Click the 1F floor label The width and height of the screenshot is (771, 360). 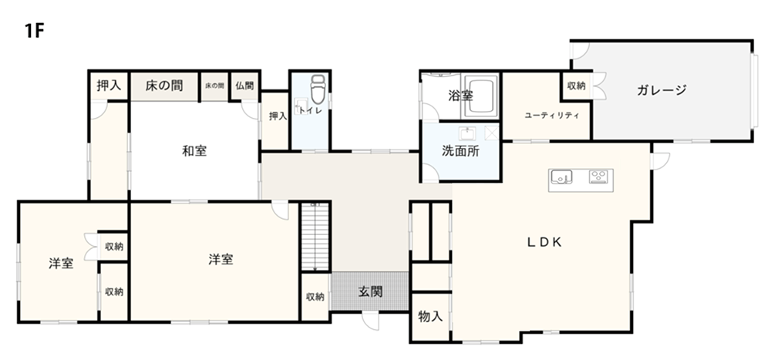35,31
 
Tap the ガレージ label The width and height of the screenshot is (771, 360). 662,90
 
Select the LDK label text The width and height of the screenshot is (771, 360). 544,242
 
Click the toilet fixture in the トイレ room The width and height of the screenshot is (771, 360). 318,89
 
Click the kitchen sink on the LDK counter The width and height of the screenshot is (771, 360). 561,176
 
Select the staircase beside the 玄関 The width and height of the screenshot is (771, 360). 315,237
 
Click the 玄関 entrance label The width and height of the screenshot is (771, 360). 370,291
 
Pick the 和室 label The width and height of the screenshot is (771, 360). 194,151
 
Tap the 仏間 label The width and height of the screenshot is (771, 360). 244,86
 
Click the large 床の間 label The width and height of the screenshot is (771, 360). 163,86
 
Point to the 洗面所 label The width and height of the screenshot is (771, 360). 460,151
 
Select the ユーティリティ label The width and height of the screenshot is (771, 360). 552,116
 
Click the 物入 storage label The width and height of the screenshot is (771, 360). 430,316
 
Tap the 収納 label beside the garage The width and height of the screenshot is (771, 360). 576,86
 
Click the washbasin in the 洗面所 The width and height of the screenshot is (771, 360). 467,133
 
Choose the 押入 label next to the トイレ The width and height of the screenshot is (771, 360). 278,116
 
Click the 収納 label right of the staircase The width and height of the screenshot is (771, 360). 315,297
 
